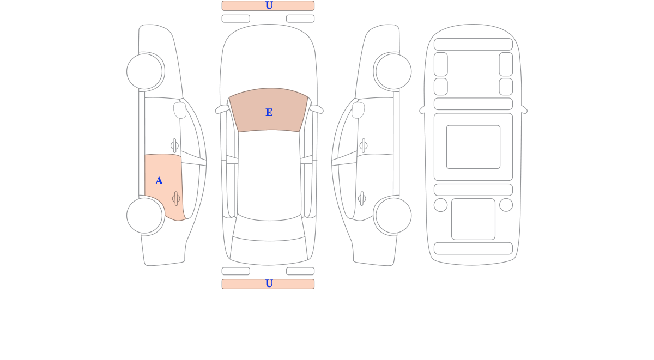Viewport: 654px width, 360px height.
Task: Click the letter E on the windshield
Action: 269,113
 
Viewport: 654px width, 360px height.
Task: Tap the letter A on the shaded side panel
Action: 159,181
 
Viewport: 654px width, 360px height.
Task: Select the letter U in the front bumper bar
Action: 269,5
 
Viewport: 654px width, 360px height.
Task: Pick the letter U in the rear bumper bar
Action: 269,284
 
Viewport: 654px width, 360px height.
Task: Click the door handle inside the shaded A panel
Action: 176,199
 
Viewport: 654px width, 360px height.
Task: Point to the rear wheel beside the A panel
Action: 144,216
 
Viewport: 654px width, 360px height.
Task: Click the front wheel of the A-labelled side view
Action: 144,71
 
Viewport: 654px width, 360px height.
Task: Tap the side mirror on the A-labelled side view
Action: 180,110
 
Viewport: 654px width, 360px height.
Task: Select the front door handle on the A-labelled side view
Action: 174,145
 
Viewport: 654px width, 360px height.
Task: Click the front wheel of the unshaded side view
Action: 393,71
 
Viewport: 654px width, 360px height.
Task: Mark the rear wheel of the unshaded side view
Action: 393,216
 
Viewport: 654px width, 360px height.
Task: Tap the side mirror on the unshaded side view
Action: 358,110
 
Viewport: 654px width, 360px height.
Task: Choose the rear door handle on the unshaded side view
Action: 362,199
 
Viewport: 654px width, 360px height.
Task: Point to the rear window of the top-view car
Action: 269,229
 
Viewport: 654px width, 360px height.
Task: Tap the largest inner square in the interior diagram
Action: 473,147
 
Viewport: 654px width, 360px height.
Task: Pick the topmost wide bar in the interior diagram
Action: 473,44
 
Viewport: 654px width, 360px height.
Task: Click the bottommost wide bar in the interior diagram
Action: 473,248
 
